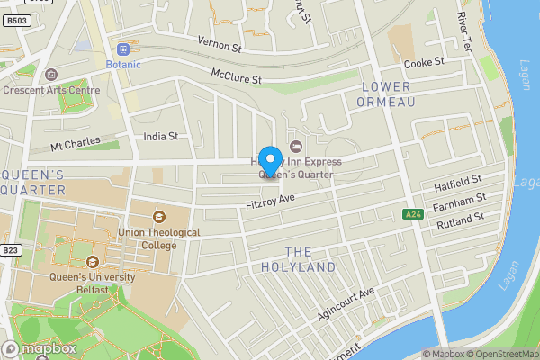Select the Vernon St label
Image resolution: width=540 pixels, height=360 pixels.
point(220,42)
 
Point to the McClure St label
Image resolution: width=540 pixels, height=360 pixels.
point(236,76)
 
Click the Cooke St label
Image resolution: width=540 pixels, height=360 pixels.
point(425,63)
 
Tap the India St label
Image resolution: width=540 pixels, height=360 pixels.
point(161,137)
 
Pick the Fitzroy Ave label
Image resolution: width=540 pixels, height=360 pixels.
point(270,203)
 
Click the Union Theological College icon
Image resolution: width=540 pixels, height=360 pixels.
point(159,216)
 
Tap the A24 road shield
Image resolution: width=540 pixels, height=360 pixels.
point(413,214)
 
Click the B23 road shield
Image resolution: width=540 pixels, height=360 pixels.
point(11,250)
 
